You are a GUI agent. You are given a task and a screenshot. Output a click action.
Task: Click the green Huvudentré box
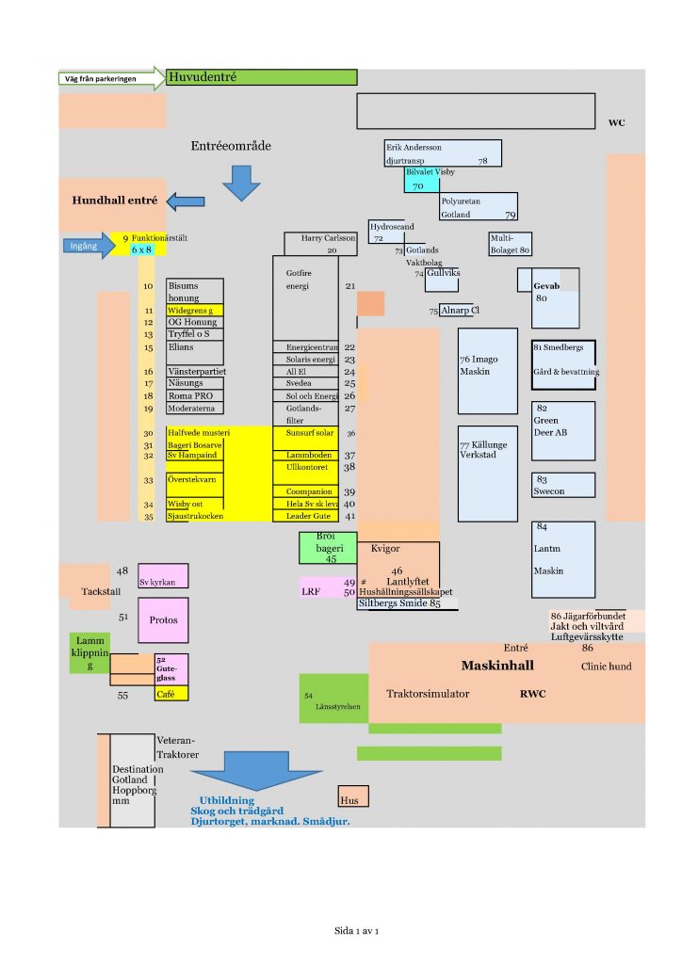pyautogui.click(x=262, y=77)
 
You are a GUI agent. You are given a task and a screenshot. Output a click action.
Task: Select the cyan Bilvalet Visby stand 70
pyautogui.click(x=421, y=180)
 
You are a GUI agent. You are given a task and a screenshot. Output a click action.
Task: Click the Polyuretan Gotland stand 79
pyautogui.click(x=479, y=207)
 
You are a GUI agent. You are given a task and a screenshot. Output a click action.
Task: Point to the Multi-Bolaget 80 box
pyautogui.click(x=510, y=244)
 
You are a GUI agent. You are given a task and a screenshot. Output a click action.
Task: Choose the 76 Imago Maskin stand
pyautogui.click(x=488, y=370)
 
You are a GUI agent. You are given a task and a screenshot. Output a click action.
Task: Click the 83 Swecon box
pyautogui.click(x=563, y=485)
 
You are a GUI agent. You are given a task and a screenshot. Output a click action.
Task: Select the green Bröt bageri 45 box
pyautogui.click(x=327, y=548)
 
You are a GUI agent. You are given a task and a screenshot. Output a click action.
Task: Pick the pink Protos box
pyautogui.click(x=163, y=620)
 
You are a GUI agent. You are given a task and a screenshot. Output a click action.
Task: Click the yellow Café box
pyautogui.click(x=170, y=694)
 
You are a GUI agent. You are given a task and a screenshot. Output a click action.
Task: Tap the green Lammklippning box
pyautogui.click(x=89, y=652)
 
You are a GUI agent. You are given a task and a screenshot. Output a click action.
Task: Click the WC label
pyautogui.click(x=616, y=123)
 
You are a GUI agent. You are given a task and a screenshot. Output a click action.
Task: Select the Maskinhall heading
pyautogui.click(x=497, y=666)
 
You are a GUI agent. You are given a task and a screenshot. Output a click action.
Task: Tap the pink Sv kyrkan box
pyautogui.click(x=162, y=576)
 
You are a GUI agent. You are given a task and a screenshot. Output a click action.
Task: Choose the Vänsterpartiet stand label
pyautogui.click(x=196, y=372)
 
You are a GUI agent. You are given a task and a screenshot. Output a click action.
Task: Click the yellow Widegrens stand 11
pyautogui.click(x=195, y=310)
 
